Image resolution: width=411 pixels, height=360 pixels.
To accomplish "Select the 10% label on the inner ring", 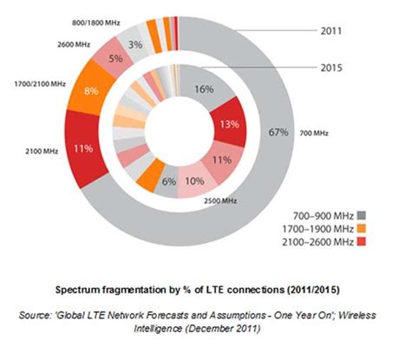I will click(x=194, y=182).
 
